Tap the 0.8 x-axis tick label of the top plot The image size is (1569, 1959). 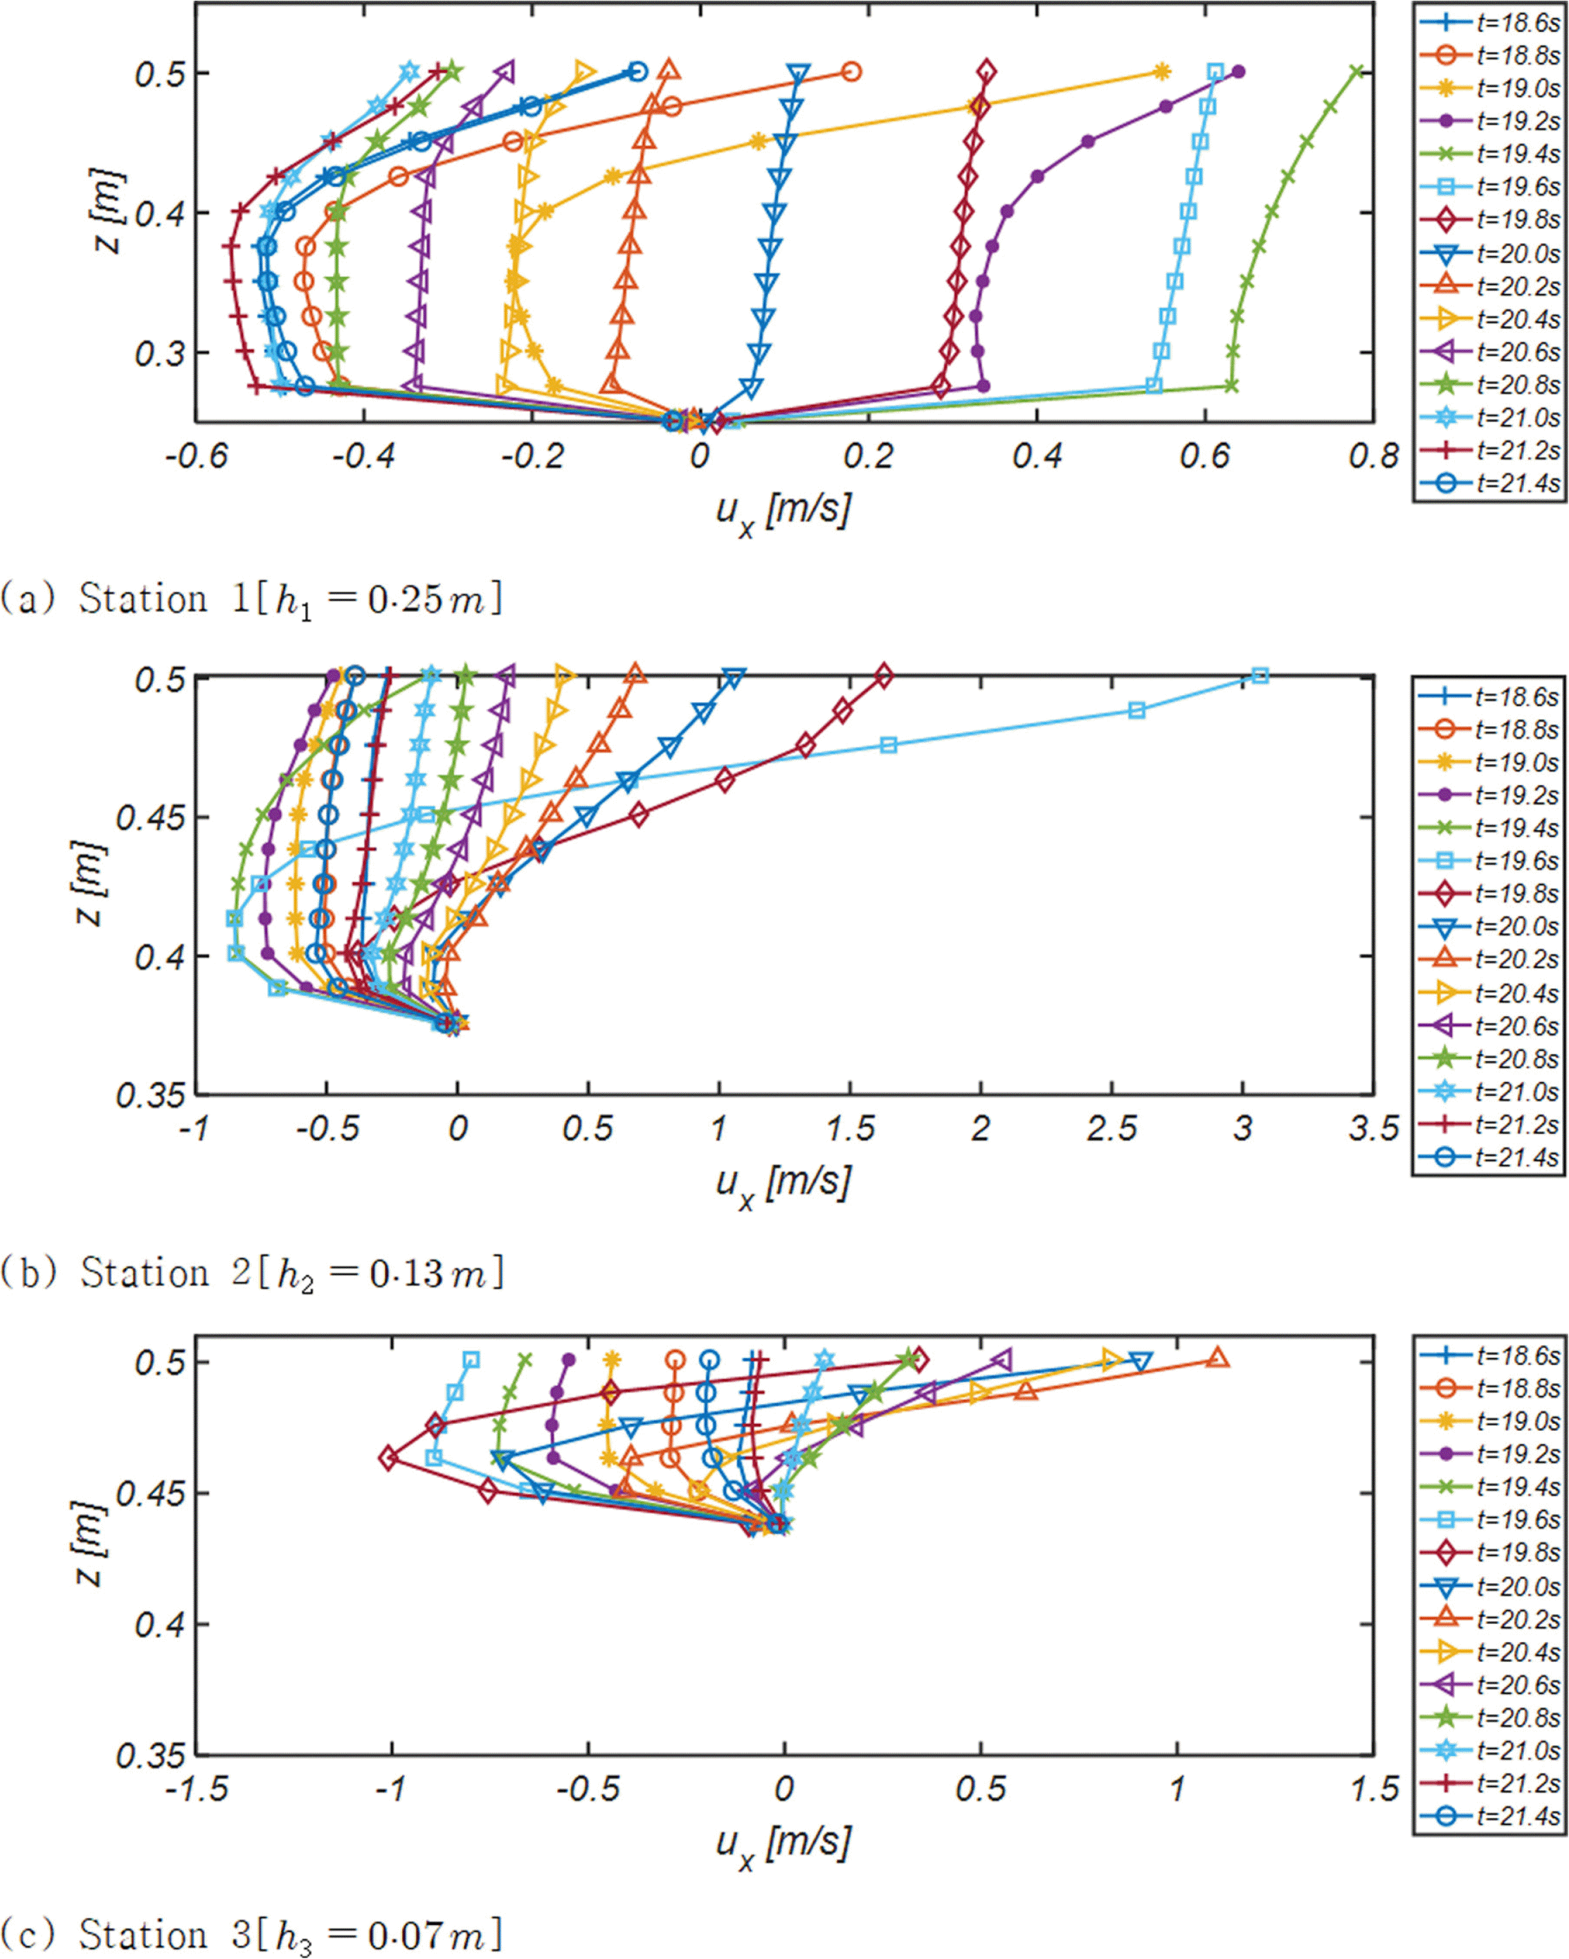pos(1374,455)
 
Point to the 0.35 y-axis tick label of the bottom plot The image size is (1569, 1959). pos(150,1755)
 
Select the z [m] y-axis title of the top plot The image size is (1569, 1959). pos(107,212)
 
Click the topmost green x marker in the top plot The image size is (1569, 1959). pos(1357,72)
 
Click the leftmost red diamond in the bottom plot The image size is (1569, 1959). pos(389,1459)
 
